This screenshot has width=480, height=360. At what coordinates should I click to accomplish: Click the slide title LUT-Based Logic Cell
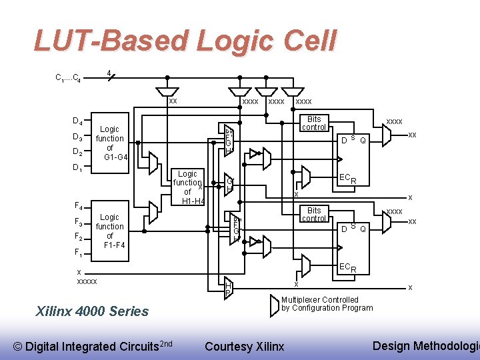(185, 41)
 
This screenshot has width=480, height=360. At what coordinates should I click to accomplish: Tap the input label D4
(77, 121)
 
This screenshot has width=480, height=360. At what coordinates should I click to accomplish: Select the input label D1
(77, 168)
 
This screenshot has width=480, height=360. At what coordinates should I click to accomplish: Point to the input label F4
(78, 206)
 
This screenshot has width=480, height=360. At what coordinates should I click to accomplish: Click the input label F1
(78, 253)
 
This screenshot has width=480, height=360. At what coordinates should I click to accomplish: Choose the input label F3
(78, 222)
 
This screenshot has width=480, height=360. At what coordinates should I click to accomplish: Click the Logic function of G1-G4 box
(110, 143)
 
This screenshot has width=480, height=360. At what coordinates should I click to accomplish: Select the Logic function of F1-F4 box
(110, 231)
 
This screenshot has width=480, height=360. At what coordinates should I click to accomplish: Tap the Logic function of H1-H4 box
(187, 187)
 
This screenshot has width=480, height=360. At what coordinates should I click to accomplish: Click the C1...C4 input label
(68, 78)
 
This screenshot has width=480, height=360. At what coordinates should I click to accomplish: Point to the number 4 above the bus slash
(109, 73)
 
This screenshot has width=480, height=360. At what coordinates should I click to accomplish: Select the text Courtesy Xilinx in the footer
(244, 346)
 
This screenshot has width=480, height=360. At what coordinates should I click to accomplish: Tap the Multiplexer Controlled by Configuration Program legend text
(327, 304)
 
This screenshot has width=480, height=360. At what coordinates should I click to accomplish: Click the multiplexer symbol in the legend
(275, 305)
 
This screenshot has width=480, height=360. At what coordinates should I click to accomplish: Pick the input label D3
(77, 138)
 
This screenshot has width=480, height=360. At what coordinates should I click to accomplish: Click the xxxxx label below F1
(87, 281)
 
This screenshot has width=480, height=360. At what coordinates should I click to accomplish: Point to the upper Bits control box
(314, 123)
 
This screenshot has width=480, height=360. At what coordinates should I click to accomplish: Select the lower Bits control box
(314, 214)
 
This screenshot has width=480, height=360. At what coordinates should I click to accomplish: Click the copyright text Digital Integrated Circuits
(93, 346)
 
